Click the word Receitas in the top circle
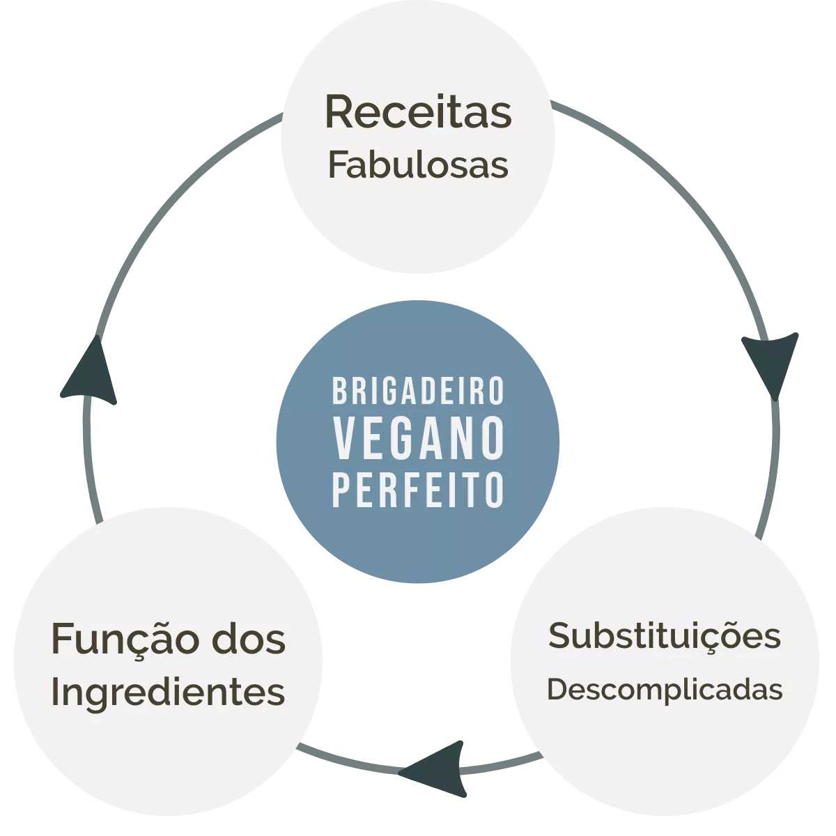418,111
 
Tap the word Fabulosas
418,164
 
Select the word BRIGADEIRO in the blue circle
418,391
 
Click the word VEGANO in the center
418,438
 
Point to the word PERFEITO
418,490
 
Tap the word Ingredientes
169,694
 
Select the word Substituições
665,637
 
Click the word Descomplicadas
665,690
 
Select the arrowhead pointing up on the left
90,370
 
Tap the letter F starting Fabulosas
337,164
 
